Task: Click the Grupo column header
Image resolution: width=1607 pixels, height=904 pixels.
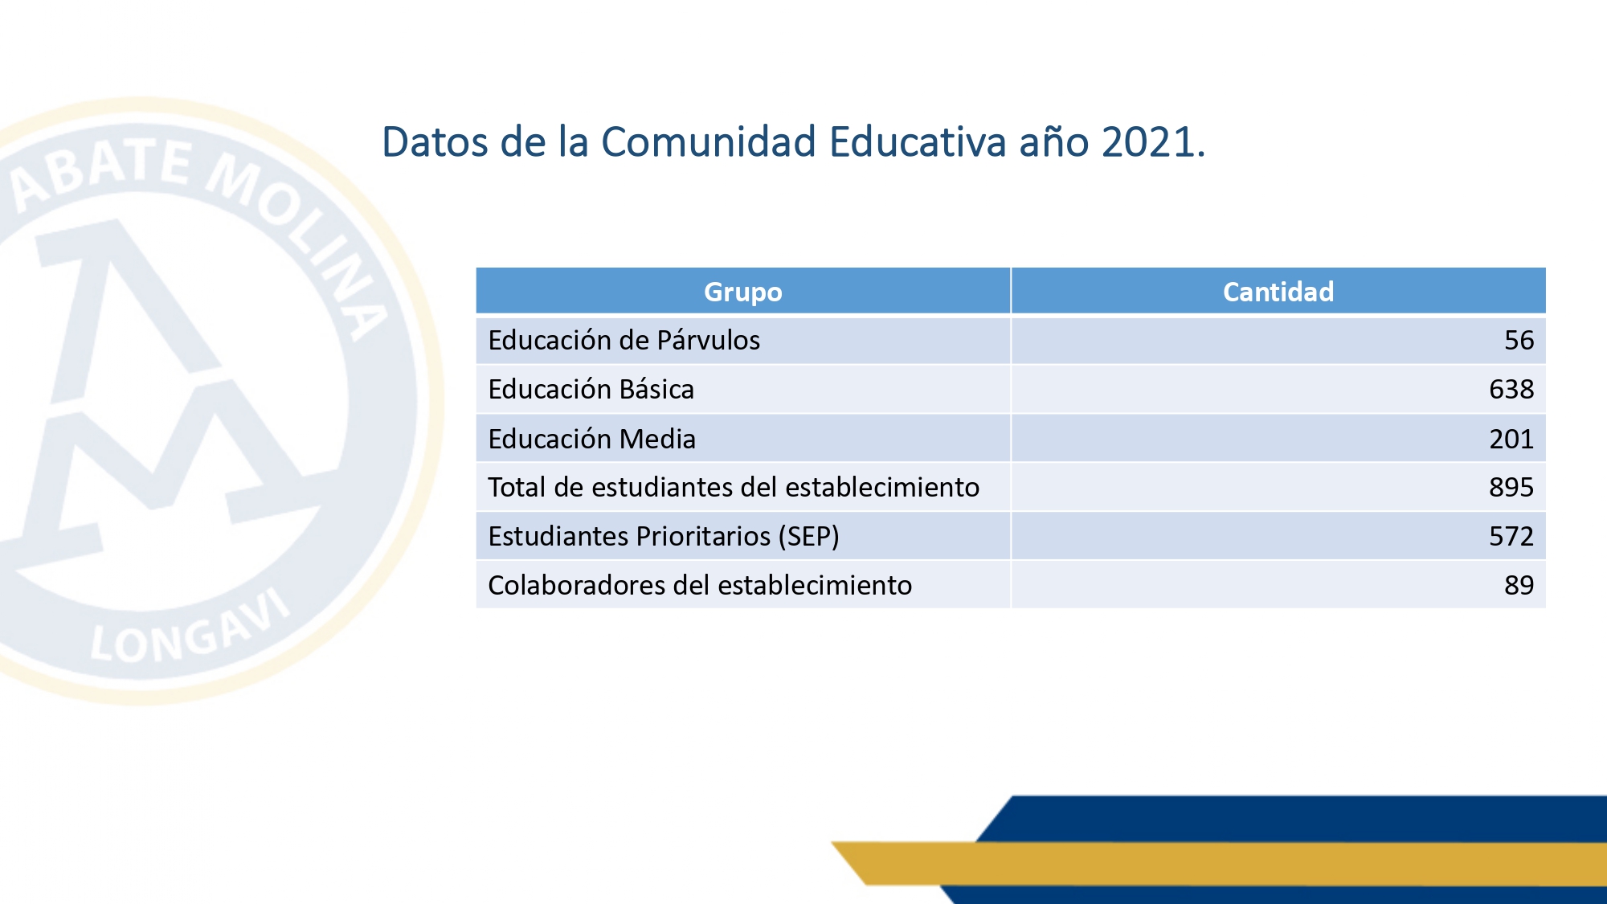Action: (742, 292)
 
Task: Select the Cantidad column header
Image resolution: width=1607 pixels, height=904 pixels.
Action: (1278, 292)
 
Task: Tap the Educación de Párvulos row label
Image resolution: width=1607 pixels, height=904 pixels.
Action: (624, 341)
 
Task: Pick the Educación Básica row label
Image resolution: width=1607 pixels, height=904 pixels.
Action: (591, 390)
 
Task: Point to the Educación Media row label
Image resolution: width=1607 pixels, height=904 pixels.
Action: (591, 439)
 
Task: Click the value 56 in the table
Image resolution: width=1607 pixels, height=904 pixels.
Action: (1519, 341)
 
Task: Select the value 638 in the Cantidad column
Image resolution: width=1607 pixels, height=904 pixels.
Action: (1511, 390)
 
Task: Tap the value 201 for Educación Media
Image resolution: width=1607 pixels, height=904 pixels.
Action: (1511, 439)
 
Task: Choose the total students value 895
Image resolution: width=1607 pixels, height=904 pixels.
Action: (1511, 488)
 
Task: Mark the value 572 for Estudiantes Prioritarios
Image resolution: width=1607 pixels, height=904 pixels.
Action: (1511, 537)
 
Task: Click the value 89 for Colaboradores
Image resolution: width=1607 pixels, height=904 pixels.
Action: (1519, 586)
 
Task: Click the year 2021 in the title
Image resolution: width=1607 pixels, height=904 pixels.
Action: (1147, 142)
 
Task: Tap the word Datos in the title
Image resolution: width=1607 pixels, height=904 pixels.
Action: (435, 142)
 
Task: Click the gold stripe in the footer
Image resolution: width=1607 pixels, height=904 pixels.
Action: (1205, 863)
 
